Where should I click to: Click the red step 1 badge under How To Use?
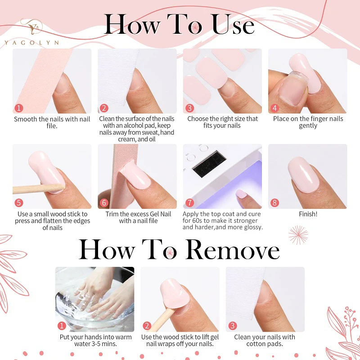pos(18,108)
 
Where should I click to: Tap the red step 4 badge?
pos(274,108)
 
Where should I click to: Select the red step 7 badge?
pos(189,202)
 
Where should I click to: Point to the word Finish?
pos(308,214)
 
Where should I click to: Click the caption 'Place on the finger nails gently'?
pos(308,122)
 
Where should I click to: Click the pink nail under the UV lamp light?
pos(241,194)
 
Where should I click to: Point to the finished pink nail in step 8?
pos(302,173)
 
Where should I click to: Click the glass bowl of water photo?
pos(94,299)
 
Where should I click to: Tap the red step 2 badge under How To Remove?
pos(147,326)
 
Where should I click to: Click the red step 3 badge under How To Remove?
pos(232,326)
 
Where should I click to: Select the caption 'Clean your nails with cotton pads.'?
pos(265,340)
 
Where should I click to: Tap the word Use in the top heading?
pos(233,25)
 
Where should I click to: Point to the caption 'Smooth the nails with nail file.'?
pos(52,122)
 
